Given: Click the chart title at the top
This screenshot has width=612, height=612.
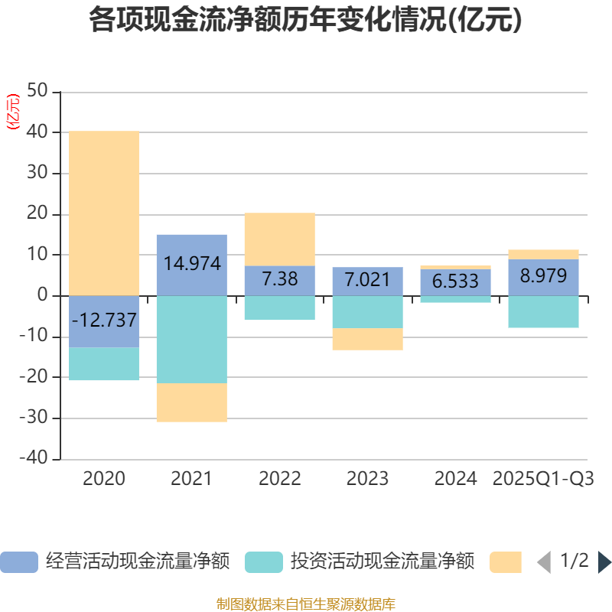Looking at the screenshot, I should (306, 20).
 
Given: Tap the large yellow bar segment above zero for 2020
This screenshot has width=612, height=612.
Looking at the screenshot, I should (104, 213).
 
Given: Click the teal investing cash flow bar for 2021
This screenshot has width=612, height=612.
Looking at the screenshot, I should (191, 339).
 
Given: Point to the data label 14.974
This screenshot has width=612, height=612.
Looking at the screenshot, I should (191, 264).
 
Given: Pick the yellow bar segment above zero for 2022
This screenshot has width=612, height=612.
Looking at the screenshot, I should (279, 239).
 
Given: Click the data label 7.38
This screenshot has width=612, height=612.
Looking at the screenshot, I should (279, 280).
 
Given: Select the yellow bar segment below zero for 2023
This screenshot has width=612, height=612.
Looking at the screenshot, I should (367, 339).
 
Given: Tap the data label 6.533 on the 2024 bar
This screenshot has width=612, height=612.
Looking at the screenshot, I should (455, 282).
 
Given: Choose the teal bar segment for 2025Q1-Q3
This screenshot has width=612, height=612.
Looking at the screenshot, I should (543, 311).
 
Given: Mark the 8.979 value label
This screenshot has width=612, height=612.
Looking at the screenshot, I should (543, 276).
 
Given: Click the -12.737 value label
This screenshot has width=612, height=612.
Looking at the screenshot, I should (104, 320).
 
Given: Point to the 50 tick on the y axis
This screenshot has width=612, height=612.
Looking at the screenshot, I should (37, 92).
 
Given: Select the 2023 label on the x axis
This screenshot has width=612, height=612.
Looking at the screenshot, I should (367, 479).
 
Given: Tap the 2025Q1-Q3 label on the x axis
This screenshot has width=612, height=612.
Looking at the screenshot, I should (543, 479).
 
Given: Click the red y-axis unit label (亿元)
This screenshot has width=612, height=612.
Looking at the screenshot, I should (12, 112).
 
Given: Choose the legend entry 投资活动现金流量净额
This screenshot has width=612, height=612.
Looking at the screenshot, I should (360, 562).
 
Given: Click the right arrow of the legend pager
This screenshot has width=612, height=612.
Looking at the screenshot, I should (604, 562).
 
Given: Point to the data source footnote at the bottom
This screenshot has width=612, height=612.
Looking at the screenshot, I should (306, 604).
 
